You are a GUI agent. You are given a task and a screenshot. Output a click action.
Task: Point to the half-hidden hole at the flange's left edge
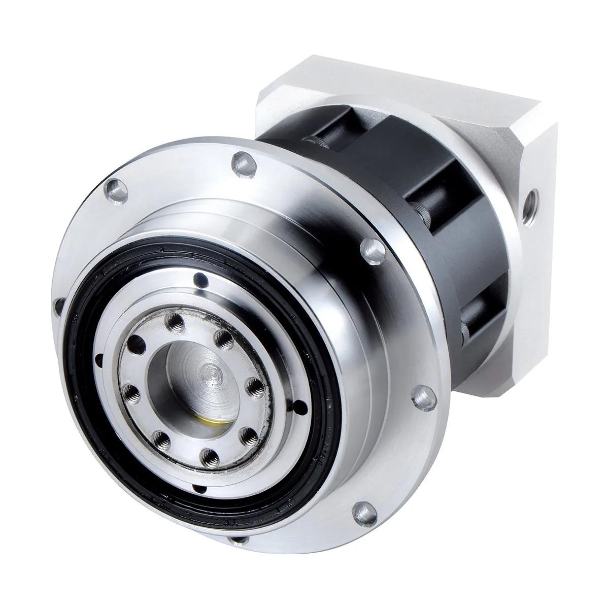[x=58, y=306]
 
